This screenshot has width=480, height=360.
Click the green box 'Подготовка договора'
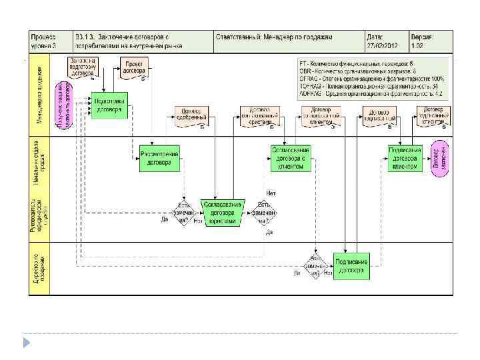pos(109,105)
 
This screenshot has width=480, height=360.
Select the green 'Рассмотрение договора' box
pos(159,158)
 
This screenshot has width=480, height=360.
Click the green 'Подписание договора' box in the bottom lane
pos(351,266)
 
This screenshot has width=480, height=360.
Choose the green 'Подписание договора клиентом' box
pos(405,158)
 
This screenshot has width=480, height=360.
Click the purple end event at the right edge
pos(439,158)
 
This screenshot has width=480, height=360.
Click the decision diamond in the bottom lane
pos(314,265)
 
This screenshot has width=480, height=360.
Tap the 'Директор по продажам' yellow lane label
pos(40,272)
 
